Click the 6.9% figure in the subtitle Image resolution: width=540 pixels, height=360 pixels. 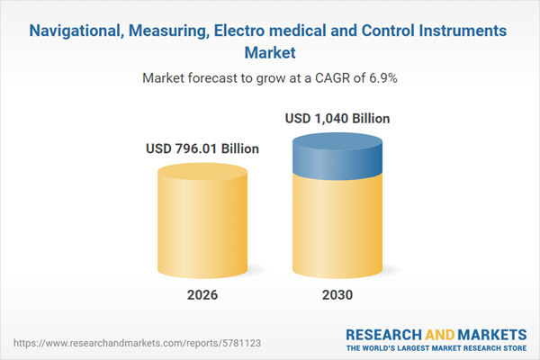point(381,78)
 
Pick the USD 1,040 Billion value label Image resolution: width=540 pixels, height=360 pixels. point(338,118)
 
